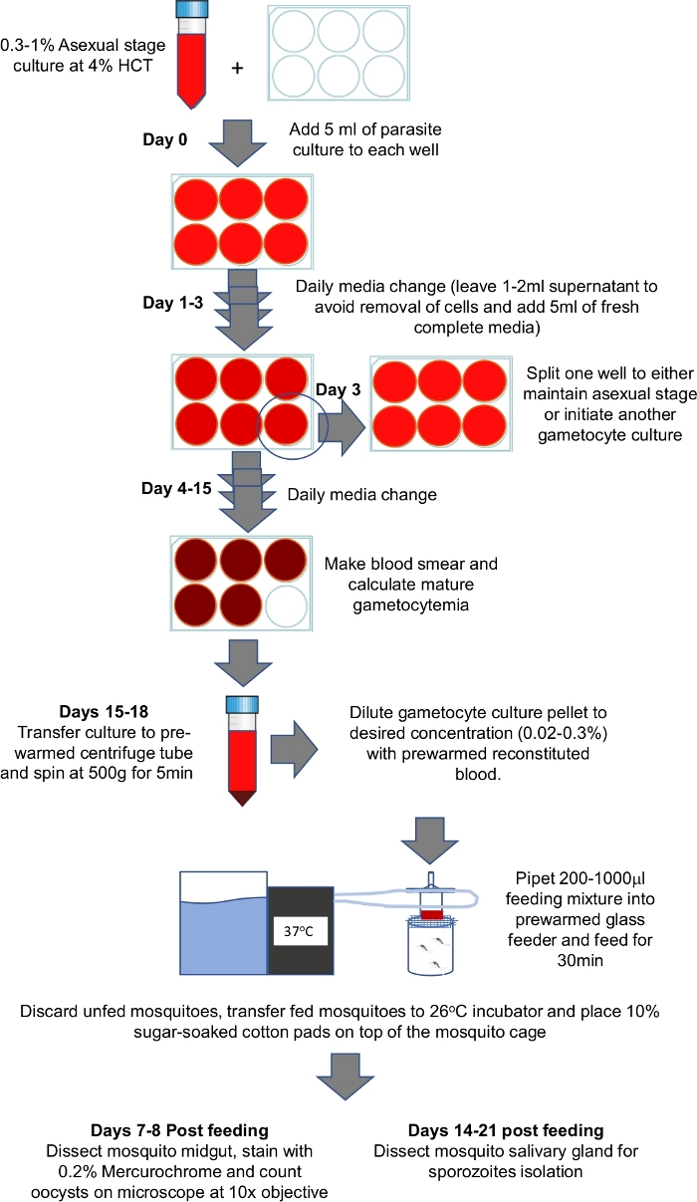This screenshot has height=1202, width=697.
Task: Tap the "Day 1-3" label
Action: pos(173,304)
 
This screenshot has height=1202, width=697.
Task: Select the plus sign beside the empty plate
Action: pos(237,69)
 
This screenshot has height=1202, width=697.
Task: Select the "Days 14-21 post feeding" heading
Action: pos(506,1130)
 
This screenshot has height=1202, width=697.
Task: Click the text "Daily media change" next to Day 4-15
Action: pos(361,494)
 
